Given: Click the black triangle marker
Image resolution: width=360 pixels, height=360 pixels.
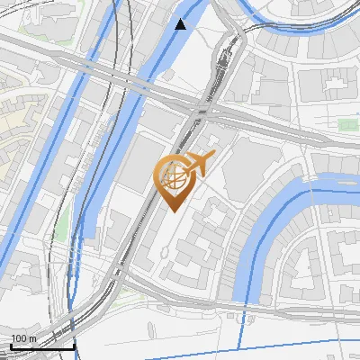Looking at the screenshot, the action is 182,24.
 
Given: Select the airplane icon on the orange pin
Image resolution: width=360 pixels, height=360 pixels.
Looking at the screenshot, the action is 200,165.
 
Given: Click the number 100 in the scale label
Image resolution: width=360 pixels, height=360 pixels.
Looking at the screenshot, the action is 19,338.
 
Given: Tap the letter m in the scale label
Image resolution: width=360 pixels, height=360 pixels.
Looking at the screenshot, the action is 32,338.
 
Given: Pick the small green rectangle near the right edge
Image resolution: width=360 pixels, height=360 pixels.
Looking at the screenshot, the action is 346,124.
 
